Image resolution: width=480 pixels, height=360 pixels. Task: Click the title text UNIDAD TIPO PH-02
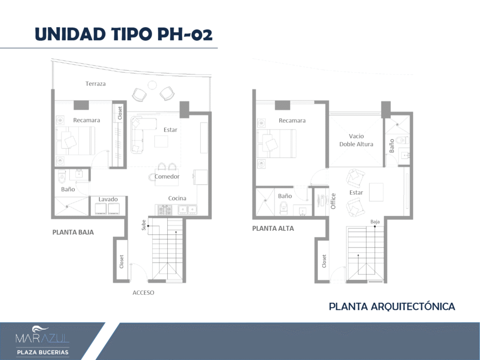tap(124, 34)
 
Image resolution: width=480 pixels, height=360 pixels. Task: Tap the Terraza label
tap(96, 83)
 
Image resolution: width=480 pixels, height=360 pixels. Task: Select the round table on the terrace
tap(152, 85)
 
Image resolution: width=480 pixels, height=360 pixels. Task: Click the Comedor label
tap(167, 176)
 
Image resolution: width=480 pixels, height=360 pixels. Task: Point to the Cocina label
tap(177, 198)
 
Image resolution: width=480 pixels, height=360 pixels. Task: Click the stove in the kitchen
tap(165, 210)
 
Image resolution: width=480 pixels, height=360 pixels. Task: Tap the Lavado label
tap(108, 199)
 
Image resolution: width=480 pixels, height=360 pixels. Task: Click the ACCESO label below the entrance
tap(143, 292)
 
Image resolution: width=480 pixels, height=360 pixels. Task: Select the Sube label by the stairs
tap(143, 225)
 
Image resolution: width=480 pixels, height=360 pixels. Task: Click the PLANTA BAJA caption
tap(73, 232)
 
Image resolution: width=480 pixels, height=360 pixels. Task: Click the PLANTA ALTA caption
tap(273, 228)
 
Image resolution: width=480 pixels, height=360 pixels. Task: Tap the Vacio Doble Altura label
tap(356, 140)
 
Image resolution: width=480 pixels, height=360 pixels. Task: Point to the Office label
tap(333, 201)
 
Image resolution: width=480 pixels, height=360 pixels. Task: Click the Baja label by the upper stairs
tap(375, 222)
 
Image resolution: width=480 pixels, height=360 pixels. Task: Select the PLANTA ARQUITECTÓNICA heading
tap(392, 307)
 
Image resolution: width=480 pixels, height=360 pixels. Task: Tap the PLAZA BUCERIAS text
tap(43, 352)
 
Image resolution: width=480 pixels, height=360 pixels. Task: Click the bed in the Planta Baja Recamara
tap(75, 141)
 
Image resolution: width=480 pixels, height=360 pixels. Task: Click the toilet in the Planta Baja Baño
tap(62, 176)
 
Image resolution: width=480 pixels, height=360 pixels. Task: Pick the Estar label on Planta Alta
tap(356, 193)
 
